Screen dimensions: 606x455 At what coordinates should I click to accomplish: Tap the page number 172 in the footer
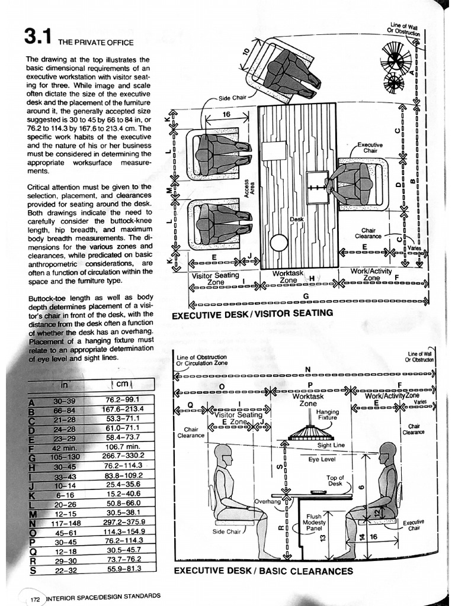[x=34, y=599]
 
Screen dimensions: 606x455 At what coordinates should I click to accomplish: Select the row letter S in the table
[x=33, y=570]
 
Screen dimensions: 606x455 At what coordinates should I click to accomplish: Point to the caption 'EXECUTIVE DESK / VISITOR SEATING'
[x=252, y=313]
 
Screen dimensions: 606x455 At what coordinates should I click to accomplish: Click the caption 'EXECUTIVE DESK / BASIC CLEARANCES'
[x=264, y=571]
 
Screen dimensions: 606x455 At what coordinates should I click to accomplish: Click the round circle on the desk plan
[x=278, y=243]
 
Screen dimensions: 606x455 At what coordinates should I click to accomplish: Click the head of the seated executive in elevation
[x=387, y=453]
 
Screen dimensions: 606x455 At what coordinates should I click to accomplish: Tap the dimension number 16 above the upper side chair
[x=226, y=114]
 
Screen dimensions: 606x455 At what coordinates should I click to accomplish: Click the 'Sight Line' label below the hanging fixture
[x=332, y=444]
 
